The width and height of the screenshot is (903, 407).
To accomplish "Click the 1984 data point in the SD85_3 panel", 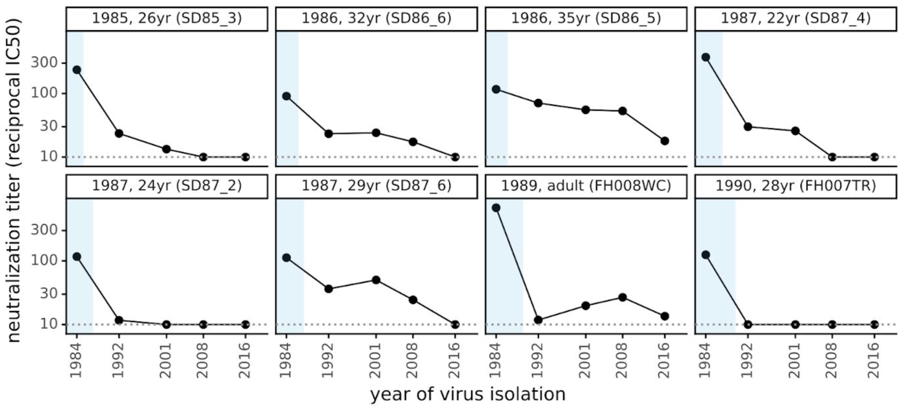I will pos(77,70).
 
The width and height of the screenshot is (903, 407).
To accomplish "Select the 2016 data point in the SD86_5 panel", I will pos(665,141).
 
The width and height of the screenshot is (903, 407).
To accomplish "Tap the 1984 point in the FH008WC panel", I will pos(496,208).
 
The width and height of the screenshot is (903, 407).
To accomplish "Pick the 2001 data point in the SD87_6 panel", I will pos(376,280).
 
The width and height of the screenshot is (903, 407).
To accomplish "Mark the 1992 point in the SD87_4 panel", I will pos(748,127).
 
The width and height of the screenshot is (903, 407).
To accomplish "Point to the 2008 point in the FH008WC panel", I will pos(623,297).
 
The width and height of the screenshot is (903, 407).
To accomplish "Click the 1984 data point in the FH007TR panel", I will pos(706,255).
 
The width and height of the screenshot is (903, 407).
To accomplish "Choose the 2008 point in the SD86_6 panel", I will pos(413,142).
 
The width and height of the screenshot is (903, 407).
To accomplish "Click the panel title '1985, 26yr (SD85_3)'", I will pos(167,18).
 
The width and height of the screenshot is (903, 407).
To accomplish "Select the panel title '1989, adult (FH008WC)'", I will pos(586,186).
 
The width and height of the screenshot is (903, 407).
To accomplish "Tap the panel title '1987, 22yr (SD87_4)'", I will pos(796,18).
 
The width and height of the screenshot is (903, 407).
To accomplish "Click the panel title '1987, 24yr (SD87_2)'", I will pos(167,186).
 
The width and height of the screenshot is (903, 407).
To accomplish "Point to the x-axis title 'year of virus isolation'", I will pos(468,394).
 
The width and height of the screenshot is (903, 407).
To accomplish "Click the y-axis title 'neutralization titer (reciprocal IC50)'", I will pos(14,181).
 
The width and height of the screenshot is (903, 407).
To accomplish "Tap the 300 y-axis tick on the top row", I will pos(44,63).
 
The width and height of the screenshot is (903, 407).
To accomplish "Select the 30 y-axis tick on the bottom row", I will pos(49,294).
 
